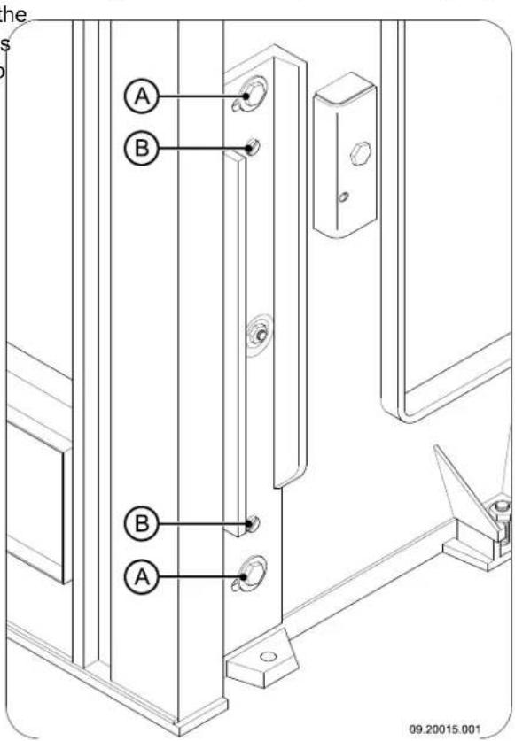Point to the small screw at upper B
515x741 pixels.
[254, 147]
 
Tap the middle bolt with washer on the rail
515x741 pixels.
[258, 333]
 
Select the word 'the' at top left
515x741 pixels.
[14, 9]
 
